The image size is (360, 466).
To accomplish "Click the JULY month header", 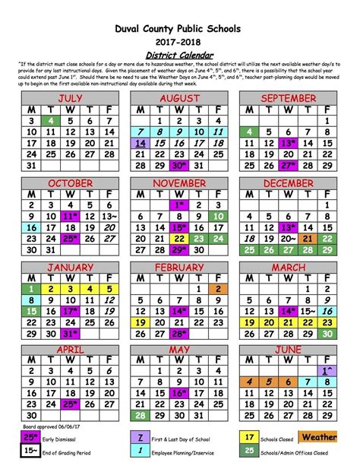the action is (70, 98).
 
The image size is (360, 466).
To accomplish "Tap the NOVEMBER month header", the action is (179, 183).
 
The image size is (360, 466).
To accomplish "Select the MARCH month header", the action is (288, 268).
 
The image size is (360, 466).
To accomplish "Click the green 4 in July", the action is (50, 121).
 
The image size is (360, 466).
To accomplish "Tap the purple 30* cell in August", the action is (179, 165).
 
